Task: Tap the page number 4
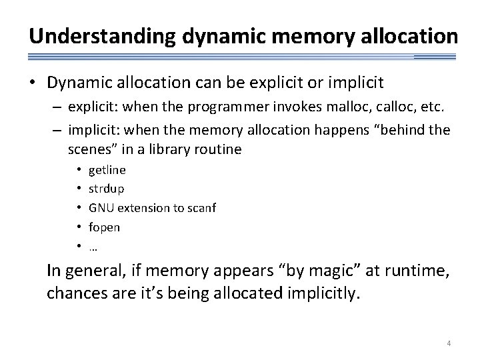coord(449,343)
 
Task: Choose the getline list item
coord(107,169)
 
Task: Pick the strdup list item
coord(106,189)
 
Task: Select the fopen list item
coord(104,227)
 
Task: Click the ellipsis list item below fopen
coord(93,246)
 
